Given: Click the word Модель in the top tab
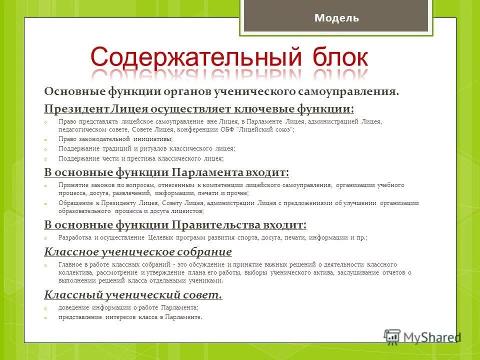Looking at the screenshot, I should pos(336,18).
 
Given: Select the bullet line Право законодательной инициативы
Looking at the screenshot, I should pos(115,139).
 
